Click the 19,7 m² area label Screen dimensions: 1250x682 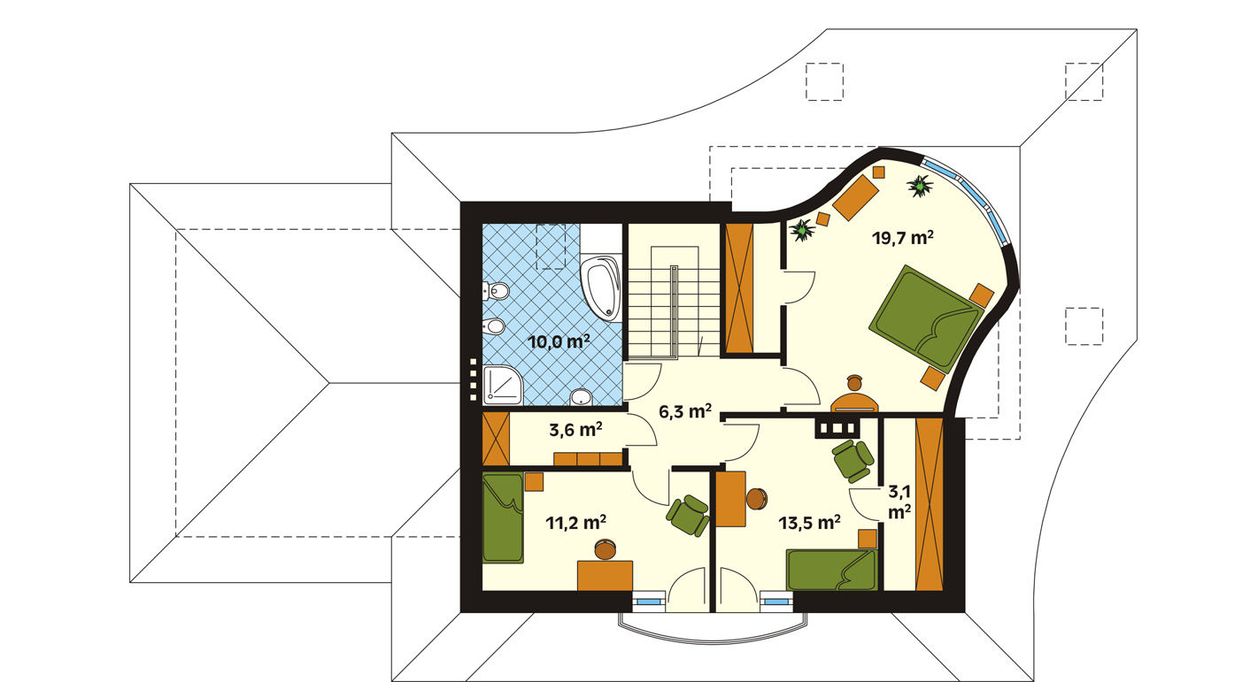click(x=903, y=238)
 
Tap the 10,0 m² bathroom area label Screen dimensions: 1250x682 click(x=559, y=341)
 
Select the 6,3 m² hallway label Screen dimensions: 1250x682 click(x=685, y=411)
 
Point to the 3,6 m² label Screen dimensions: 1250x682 click(x=575, y=429)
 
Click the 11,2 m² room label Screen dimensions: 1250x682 click(x=576, y=523)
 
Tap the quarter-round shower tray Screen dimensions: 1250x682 click(x=502, y=385)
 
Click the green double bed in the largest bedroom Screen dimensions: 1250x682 click(x=925, y=319)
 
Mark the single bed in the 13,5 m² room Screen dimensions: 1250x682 click(x=831, y=570)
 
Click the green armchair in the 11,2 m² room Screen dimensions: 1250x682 click(x=688, y=516)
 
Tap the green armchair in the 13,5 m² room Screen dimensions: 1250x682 click(x=853, y=461)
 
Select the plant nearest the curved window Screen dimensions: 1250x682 click(x=920, y=187)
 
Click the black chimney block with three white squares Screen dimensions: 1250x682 click(x=837, y=428)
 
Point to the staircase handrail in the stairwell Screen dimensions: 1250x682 click(x=674, y=312)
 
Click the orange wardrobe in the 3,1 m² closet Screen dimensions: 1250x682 click(x=930, y=504)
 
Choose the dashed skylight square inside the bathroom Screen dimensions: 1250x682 click(x=551, y=247)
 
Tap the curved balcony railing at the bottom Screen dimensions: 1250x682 click(x=714, y=638)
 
